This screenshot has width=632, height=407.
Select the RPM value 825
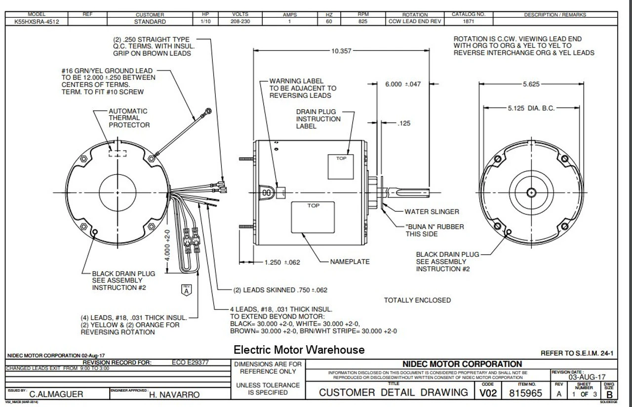point(363,22)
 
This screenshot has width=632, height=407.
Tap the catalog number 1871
point(469,22)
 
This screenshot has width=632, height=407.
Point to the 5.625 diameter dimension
point(531,84)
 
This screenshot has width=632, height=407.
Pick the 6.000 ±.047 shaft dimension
point(403,84)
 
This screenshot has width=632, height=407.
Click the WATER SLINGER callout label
point(432,212)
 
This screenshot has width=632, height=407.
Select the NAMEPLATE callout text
point(350,262)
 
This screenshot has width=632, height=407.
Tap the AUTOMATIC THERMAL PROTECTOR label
point(129,118)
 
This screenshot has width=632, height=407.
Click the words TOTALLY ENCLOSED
point(417,300)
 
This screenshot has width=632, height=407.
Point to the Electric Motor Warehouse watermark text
point(299,350)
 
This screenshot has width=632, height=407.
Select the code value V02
point(487,393)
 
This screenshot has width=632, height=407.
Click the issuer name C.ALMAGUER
point(56,394)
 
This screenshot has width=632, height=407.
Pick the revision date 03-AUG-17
point(586,377)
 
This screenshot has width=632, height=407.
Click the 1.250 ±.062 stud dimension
point(282,262)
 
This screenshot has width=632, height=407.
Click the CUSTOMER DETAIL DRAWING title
point(394,393)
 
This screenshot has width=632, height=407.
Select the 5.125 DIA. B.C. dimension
point(531,108)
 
